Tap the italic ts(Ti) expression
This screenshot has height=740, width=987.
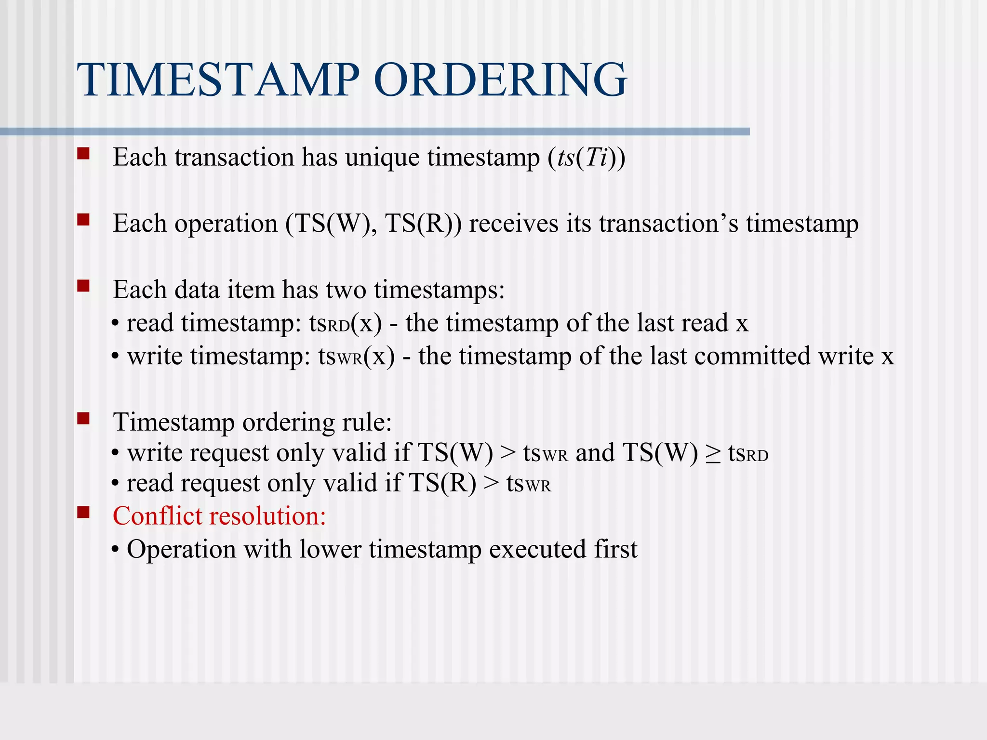586,158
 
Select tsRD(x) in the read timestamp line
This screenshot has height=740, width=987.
345,323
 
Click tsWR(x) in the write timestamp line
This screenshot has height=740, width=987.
356,357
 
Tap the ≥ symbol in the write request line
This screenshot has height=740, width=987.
713,454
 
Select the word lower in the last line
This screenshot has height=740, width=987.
330,550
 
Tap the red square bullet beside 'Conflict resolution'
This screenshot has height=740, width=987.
83,512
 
